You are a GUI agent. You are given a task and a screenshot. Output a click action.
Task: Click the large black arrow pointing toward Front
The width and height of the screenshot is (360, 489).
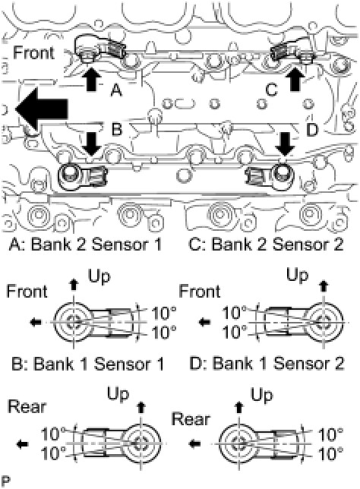[42, 109]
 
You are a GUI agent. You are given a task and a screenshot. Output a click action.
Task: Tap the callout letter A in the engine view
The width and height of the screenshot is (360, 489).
[116, 91]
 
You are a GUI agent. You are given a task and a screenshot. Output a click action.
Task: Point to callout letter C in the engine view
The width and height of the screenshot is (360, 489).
[271, 90]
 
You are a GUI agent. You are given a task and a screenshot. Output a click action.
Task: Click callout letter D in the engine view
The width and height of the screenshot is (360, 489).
[312, 130]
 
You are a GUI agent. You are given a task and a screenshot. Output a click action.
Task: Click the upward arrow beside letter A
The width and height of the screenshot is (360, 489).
[93, 79]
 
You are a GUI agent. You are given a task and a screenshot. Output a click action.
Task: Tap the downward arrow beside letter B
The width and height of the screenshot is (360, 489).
[91, 144]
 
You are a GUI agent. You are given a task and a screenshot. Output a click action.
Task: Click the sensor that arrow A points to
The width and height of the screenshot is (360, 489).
[99, 49]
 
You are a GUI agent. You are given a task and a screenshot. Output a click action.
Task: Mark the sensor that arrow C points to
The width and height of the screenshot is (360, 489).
[292, 51]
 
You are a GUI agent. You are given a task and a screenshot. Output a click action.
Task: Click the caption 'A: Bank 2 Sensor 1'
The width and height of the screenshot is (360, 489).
[86, 244]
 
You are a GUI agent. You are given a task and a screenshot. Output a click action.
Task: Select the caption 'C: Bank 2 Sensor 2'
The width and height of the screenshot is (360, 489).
[266, 244]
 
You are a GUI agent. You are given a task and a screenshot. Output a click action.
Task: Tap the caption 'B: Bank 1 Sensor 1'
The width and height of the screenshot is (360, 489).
[87, 364]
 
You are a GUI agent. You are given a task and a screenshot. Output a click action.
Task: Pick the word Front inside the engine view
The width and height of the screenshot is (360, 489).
[34, 52]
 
